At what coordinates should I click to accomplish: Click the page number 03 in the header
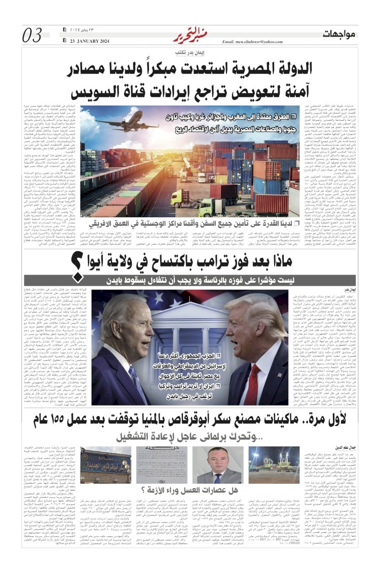(32, 36)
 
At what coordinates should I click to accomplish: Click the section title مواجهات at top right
(340, 34)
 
